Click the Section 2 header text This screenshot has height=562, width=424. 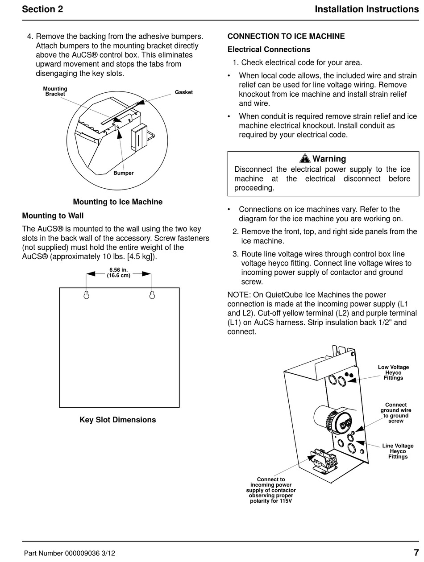click(x=42, y=9)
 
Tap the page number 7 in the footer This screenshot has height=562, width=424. click(x=416, y=552)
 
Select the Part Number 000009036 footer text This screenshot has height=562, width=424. click(x=69, y=553)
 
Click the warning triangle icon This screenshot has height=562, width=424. click(x=305, y=158)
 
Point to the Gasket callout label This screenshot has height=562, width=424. click(x=183, y=92)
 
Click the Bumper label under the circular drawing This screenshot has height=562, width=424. click(x=123, y=173)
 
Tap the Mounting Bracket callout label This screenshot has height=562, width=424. click(x=55, y=91)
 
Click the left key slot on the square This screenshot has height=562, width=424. click(x=87, y=295)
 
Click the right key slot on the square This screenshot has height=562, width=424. click(x=152, y=295)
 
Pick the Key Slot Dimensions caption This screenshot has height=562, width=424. click(x=118, y=420)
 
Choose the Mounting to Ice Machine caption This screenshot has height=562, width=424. click(x=118, y=202)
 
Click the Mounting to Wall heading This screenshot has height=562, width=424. click(x=53, y=216)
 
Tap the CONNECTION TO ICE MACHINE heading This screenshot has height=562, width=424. click(x=286, y=36)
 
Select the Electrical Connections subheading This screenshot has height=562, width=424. click(x=269, y=50)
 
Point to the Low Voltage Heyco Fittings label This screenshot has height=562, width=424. click(x=393, y=372)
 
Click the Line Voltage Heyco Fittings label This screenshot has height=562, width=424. click(x=398, y=451)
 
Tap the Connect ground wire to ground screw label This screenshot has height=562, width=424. click(x=395, y=413)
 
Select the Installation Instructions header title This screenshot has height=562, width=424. click(x=366, y=9)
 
